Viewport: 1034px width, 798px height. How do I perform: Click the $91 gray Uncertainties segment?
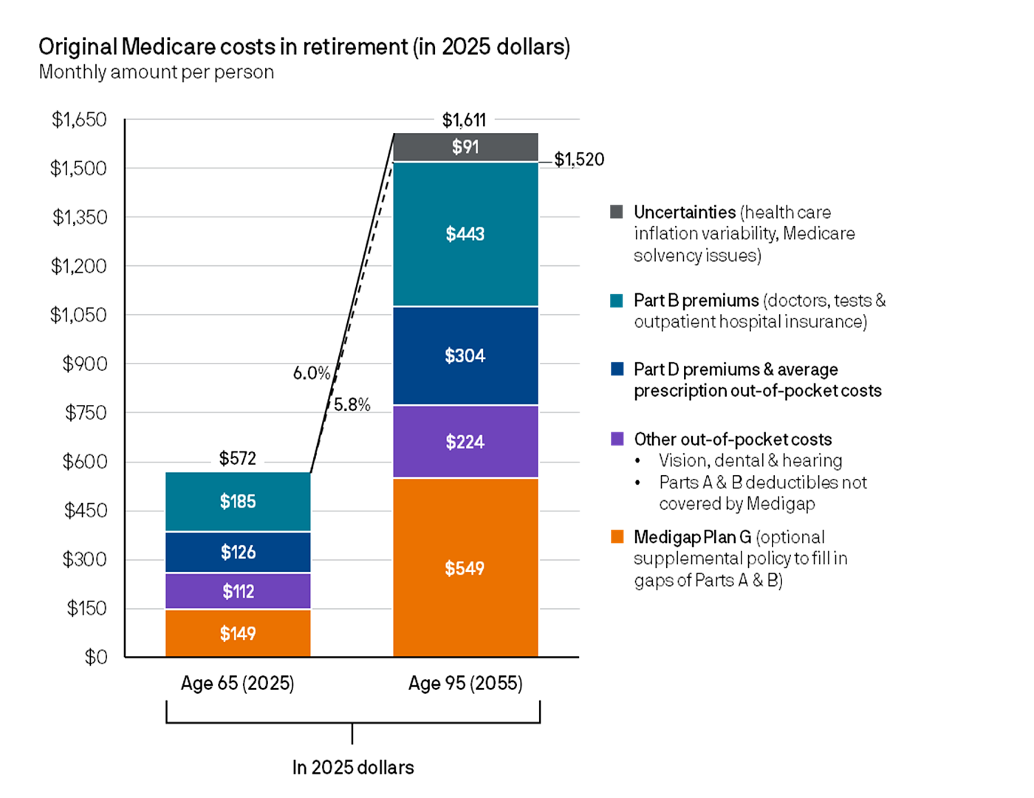point(465,147)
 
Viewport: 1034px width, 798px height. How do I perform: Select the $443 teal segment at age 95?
point(465,233)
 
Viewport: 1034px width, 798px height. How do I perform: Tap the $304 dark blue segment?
point(465,355)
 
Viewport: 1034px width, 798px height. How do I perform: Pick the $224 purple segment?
point(465,442)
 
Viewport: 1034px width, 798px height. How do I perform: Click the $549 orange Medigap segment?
point(465,567)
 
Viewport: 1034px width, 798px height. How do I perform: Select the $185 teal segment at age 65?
point(238,502)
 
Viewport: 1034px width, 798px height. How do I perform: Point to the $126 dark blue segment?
point(238,552)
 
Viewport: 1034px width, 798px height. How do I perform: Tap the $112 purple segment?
point(238,591)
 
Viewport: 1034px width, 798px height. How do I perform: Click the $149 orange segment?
point(238,633)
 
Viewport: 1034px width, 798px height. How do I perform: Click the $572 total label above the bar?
point(238,458)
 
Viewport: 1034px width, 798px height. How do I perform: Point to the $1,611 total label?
point(464,120)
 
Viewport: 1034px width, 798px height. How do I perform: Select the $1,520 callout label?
point(579,160)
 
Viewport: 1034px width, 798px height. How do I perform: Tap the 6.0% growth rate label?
point(311,373)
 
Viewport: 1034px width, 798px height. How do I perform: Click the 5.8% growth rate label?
point(352,405)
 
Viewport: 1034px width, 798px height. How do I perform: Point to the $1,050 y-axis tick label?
point(78,315)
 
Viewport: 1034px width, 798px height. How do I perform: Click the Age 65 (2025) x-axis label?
point(238,683)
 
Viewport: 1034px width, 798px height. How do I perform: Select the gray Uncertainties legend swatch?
point(617,212)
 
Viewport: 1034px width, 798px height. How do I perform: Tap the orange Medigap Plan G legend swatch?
point(617,536)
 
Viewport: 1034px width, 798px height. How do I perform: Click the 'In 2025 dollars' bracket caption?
point(353,767)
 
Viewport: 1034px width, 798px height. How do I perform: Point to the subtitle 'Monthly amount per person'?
point(157,72)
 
